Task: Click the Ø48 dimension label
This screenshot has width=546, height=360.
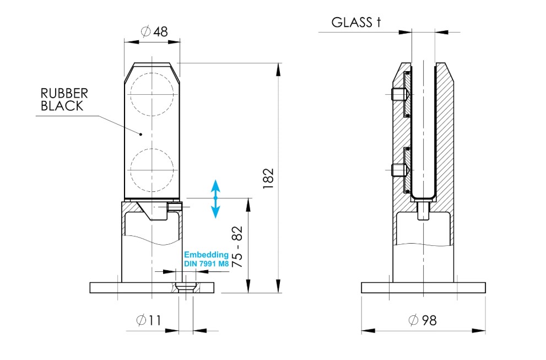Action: coord(154,31)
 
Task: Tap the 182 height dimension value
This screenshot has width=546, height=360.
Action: coord(268,179)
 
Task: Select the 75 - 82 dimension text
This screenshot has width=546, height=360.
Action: coord(237,247)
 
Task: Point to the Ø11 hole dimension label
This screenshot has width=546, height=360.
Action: coord(149,320)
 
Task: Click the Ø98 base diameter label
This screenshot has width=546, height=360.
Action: coord(423,320)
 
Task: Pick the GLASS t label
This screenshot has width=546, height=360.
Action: coord(356,22)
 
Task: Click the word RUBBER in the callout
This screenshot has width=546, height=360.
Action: coord(64,93)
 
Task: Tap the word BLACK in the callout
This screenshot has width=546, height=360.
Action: coord(62,106)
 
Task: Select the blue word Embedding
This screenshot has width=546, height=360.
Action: coord(206,255)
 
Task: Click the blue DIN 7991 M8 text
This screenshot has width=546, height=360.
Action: coord(206,264)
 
